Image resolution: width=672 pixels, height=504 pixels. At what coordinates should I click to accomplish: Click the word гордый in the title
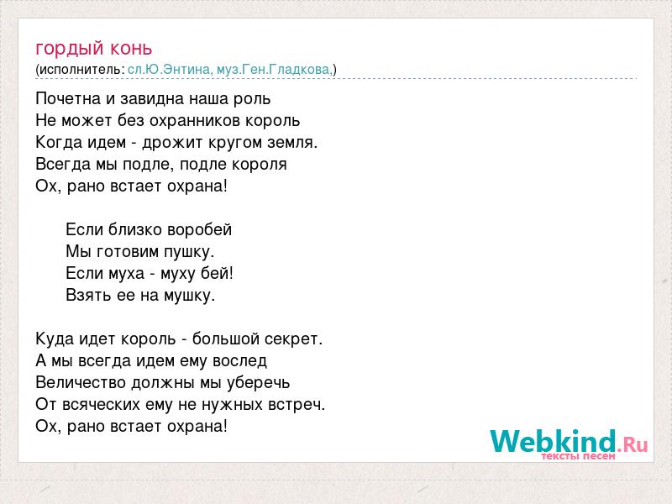click(70, 50)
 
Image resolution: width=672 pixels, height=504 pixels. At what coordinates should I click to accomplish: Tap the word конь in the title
click(131, 48)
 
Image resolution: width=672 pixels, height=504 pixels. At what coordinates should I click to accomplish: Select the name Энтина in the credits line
click(186, 70)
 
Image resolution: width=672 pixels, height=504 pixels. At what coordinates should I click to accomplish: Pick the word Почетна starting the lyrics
click(69, 99)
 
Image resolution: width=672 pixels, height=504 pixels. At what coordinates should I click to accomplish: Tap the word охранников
click(195, 121)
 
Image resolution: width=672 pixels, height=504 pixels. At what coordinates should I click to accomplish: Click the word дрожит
click(173, 143)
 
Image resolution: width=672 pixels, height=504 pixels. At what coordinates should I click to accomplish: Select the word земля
click(292, 143)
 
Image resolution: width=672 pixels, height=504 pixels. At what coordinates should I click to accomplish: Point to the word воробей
click(199, 230)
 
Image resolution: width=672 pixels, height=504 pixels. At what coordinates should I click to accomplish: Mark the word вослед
click(239, 361)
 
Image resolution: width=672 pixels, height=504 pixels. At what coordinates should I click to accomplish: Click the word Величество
click(81, 383)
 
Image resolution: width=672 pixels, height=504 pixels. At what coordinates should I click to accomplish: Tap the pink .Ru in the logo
click(633, 444)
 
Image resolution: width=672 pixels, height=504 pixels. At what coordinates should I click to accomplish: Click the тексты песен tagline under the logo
click(578, 456)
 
